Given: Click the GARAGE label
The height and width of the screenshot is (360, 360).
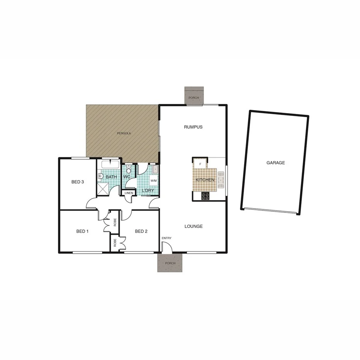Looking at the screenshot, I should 275,163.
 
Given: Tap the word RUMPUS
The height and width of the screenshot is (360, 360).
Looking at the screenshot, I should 193,127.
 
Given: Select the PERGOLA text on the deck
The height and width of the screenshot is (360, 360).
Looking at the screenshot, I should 124,133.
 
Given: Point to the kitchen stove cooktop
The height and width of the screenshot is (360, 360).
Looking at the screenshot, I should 205,195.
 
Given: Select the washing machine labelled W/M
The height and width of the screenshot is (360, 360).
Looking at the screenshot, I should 153,181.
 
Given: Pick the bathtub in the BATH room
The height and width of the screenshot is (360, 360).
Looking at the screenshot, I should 111,165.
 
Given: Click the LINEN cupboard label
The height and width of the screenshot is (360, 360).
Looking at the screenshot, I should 129,193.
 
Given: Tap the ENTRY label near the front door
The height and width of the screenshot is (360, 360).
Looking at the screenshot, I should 166,238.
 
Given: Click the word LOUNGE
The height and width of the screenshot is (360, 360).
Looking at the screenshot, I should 194,226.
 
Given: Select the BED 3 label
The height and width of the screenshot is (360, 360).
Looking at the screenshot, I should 78,182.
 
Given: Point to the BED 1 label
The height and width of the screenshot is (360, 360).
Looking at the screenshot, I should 82,231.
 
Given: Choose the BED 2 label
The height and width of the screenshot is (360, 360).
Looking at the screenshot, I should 141,231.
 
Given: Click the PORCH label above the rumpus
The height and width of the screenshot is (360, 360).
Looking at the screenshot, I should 194,98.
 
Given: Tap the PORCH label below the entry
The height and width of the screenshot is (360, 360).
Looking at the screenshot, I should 170,263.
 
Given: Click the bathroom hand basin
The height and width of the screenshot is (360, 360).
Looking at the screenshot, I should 100,176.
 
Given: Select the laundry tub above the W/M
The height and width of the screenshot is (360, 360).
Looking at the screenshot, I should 155,169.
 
